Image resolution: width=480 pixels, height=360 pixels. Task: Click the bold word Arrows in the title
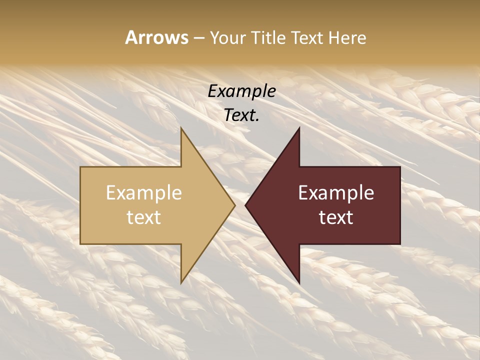[x=157, y=37]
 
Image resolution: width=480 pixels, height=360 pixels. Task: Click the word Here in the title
[x=347, y=37]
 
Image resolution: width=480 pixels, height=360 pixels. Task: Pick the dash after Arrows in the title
[x=198, y=38]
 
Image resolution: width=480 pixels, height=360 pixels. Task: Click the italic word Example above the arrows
[x=241, y=91]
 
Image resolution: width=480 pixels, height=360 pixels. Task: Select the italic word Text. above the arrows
[x=241, y=115]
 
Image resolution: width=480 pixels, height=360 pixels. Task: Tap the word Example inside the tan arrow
[x=144, y=192]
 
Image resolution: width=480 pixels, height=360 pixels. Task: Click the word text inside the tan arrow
[x=144, y=217]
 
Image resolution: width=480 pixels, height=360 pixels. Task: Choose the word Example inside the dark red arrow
[x=336, y=192]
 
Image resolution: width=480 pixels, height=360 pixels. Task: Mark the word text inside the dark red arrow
[x=336, y=217]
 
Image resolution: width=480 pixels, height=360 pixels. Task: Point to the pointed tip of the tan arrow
[x=234, y=205]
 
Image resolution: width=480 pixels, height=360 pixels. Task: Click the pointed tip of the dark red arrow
[x=245, y=205]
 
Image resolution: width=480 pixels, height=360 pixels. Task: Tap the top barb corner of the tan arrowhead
[x=181, y=129]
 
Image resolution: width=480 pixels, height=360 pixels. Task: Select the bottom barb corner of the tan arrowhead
[x=181, y=282]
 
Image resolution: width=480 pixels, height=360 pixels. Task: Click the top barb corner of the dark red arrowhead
[x=299, y=129]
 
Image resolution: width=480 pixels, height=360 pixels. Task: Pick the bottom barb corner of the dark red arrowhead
[x=299, y=282]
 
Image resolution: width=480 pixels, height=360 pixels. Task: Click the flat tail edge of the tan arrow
[x=80, y=205]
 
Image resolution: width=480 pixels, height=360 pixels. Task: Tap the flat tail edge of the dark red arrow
[x=400, y=205]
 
